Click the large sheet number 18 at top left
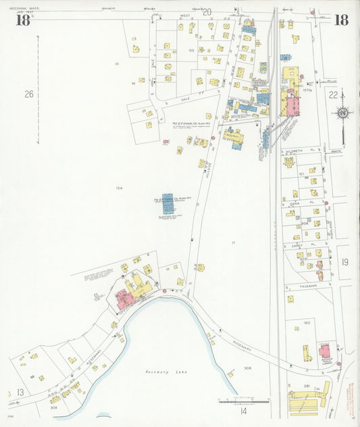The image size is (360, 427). pos(22,20)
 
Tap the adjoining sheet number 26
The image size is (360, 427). pos(28,94)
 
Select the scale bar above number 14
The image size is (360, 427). pos(243,401)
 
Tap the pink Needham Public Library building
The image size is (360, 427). pos(325,350)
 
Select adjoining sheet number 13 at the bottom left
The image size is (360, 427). pos(20,393)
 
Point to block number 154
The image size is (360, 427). pos(120,188)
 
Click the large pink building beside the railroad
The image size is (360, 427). pos(293,106)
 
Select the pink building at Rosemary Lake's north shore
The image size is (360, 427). pos(124,297)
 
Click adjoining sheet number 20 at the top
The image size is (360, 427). pos(207,11)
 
